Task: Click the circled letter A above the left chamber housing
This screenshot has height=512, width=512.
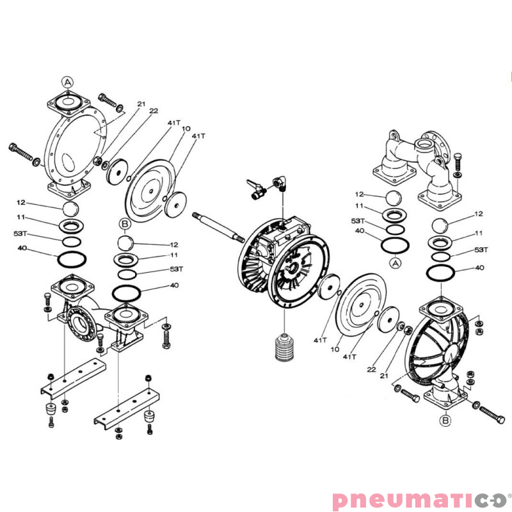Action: click(x=68, y=83)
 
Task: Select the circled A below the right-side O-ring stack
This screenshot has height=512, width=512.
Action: click(x=396, y=263)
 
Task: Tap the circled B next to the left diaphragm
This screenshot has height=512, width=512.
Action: click(x=125, y=224)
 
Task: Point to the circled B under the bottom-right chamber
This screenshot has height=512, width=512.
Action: click(x=445, y=420)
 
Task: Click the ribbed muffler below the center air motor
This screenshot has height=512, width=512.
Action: click(x=284, y=347)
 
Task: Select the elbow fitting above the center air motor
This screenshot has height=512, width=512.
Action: click(x=280, y=182)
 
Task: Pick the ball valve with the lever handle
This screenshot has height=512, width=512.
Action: click(x=257, y=189)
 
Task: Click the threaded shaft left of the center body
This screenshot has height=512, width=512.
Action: click(x=218, y=227)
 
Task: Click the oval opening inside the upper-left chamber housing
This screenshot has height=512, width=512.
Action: click(x=68, y=163)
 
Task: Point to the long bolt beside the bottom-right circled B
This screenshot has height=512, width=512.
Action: click(x=489, y=413)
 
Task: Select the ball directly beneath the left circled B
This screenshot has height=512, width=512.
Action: click(x=125, y=243)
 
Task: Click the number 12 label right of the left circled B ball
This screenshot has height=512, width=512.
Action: click(x=174, y=244)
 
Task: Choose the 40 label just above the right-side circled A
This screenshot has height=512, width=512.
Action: click(x=360, y=230)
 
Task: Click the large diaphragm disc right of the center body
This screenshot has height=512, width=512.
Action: click(x=361, y=305)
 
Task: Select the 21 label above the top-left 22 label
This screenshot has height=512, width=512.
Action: click(x=141, y=104)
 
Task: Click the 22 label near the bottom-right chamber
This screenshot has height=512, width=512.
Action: click(x=372, y=369)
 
